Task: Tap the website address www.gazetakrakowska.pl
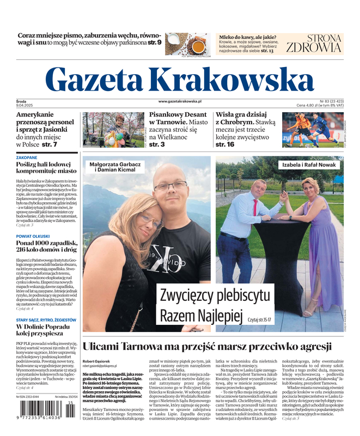point(180,101)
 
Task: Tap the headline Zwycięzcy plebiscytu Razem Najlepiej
point(215,305)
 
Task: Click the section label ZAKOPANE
point(27,158)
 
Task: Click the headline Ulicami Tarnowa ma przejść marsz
point(207,347)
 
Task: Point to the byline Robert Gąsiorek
point(95,361)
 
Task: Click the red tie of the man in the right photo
point(254,207)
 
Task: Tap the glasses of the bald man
point(170,186)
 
